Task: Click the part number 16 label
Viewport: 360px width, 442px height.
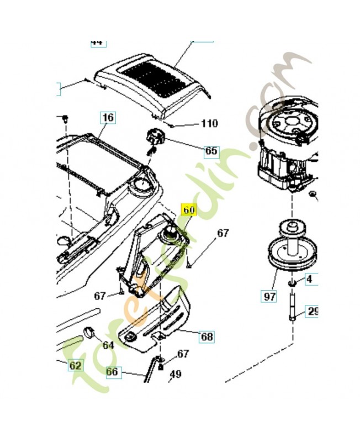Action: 108,118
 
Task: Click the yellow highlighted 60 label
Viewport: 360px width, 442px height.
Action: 189,211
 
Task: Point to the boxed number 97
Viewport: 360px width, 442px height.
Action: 269,296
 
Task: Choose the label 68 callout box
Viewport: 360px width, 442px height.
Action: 207,336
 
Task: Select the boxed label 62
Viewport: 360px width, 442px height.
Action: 75,365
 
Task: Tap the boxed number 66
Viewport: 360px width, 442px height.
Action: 112,372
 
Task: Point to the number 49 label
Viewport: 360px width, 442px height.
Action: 175,374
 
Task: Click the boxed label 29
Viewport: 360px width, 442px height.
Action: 313,312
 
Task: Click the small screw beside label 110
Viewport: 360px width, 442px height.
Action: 173,124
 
